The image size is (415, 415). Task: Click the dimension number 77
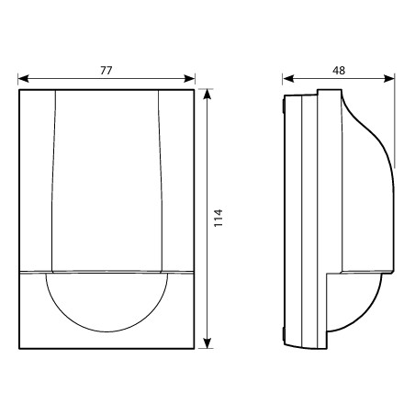[x=107, y=71]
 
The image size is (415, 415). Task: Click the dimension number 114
[x=219, y=218]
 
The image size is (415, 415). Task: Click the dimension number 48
[x=339, y=71]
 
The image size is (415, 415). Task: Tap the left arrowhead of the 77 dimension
[x=24, y=79]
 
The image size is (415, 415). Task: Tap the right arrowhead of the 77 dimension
[x=189, y=79]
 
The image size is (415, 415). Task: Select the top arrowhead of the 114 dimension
[x=207, y=95]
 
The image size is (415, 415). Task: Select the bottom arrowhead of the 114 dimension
[x=207, y=343]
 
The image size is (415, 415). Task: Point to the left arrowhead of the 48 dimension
[x=288, y=79]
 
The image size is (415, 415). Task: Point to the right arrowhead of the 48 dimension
[x=389, y=79]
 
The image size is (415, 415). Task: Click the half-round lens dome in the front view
[x=107, y=331]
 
